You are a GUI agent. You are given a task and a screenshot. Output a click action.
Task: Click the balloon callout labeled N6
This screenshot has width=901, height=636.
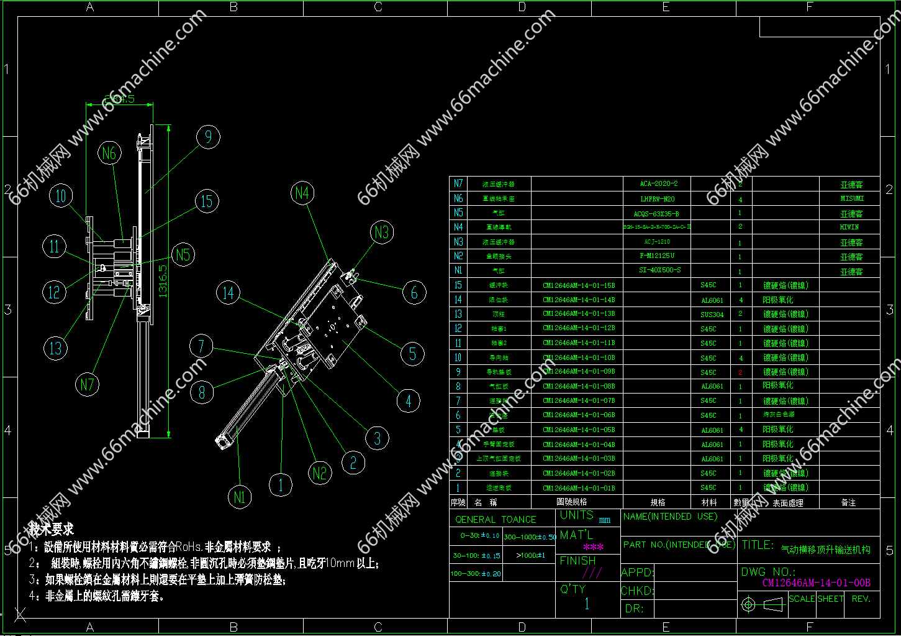pyautogui.click(x=109, y=153)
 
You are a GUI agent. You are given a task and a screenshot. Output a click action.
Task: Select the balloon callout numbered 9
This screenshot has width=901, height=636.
pyautogui.click(x=208, y=137)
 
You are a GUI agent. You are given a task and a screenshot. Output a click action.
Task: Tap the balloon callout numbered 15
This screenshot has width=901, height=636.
pyautogui.click(x=207, y=201)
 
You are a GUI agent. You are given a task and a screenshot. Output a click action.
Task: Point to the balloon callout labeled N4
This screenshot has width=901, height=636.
pyautogui.click(x=302, y=193)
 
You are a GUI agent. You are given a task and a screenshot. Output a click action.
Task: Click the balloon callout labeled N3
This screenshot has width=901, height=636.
pyautogui.click(x=382, y=233)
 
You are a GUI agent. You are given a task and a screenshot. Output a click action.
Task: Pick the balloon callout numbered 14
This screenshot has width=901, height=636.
pyautogui.click(x=228, y=293)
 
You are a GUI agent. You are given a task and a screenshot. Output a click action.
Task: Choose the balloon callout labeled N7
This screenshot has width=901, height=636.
pyautogui.click(x=87, y=385)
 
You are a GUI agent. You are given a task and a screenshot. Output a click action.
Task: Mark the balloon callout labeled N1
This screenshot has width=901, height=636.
pyautogui.click(x=240, y=497)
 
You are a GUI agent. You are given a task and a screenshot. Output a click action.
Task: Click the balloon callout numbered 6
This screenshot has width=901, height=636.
pyautogui.click(x=414, y=292)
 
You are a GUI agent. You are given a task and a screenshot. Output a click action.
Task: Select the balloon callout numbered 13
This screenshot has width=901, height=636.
pyautogui.click(x=55, y=348)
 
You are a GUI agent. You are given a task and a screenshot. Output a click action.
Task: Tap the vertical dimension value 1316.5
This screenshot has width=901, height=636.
pyautogui.click(x=163, y=281)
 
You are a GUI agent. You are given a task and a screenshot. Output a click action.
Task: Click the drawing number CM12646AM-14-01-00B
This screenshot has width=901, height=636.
pyautogui.click(x=816, y=583)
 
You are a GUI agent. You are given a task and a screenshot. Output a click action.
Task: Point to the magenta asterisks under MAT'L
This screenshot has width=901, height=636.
pyautogui.click(x=593, y=548)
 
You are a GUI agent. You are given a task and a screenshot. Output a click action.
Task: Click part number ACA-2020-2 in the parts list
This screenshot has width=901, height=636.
pyautogui.click(x=658, y=184)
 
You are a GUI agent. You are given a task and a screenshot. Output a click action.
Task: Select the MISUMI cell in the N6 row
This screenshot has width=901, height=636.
pyautogui.click(x=851, y=199)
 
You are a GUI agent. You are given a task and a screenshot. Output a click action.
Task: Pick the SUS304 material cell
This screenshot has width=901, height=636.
pyautogui.click(x=712, y=315)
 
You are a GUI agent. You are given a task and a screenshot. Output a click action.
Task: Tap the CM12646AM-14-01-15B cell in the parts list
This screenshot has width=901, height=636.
pyautogui.click(x=578, y=286)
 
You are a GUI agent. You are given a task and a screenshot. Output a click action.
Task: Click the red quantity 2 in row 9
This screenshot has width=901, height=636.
pyautogui.click(x=740, y=372)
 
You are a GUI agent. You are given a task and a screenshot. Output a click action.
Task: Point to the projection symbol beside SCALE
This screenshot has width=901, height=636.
pyautogui.click(x=762, y=604)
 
